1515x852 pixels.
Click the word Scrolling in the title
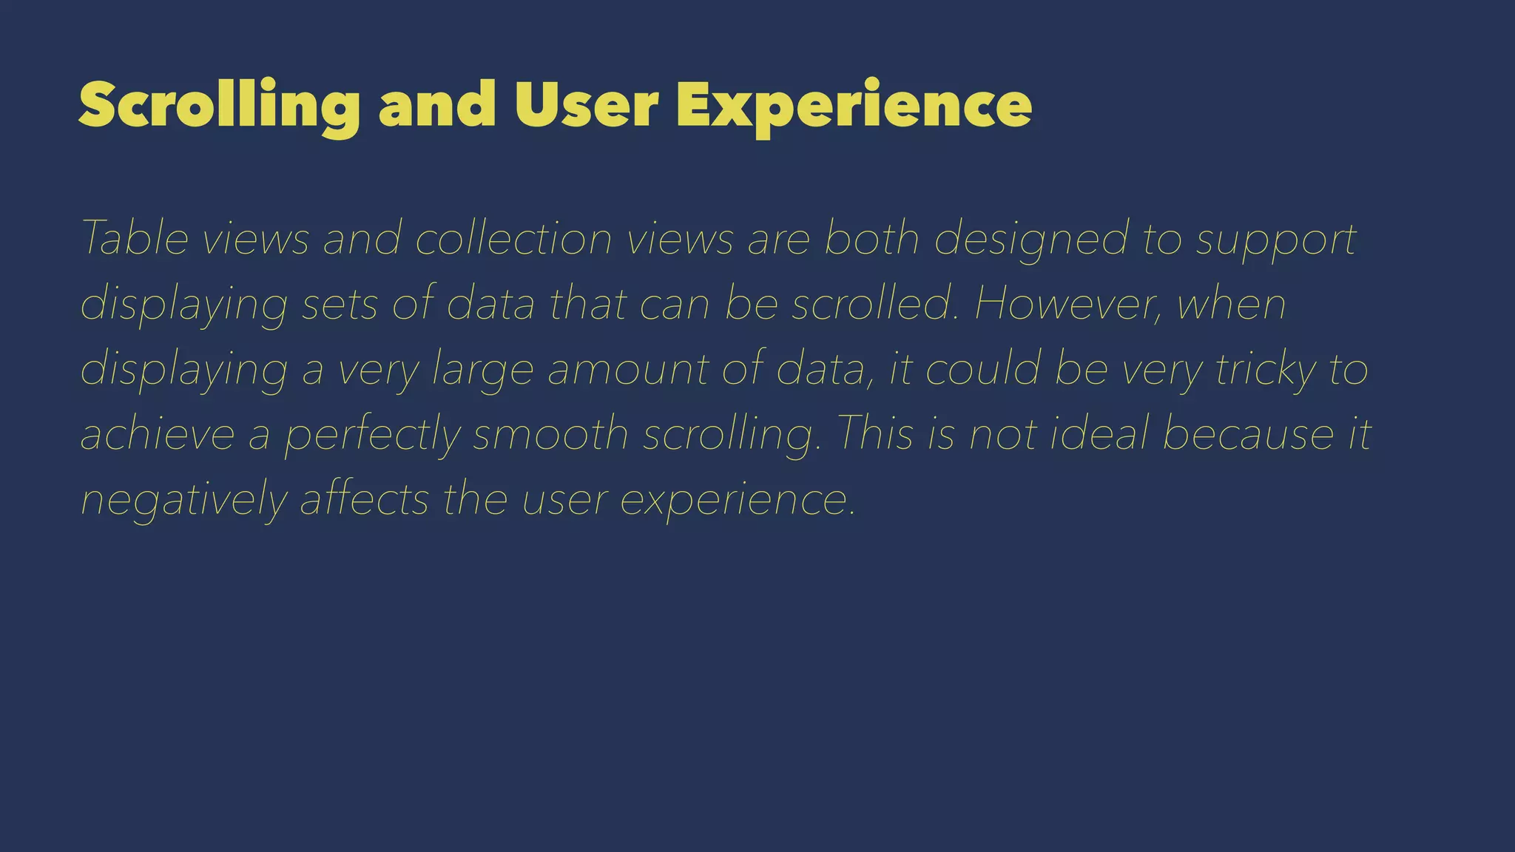tap(219, 106)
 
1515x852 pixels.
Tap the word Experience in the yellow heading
tap(854, 106)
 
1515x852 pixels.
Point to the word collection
tap(513, 238)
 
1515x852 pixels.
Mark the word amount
tap(628, 369)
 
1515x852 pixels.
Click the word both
tap(871, 238)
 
